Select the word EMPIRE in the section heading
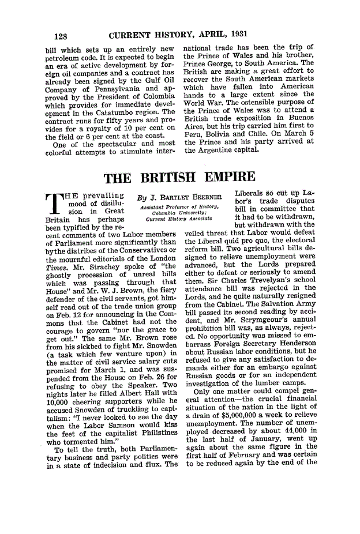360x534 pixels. [x=223, y=177]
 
